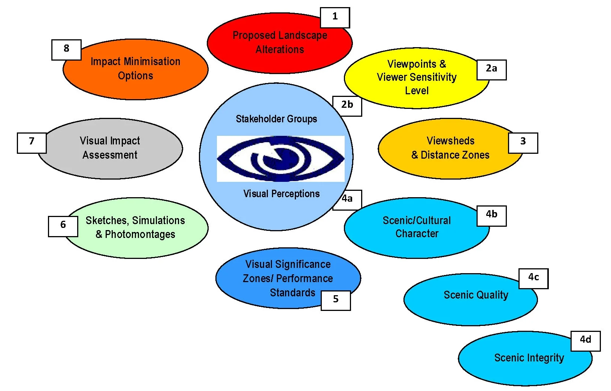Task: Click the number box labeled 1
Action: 335,17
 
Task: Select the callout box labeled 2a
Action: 491,69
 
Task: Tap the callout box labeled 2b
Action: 347,106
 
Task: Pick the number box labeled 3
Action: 523,142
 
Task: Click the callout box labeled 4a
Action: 348,199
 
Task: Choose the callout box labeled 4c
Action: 533,278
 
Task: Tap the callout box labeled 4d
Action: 585,340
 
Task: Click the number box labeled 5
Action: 336,300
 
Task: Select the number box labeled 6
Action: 63,226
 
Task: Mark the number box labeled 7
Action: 32,142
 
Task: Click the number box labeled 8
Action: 66,49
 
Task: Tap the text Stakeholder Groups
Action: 276,119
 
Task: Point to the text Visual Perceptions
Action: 281,194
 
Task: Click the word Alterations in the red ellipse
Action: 279,50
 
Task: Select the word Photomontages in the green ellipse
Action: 140,235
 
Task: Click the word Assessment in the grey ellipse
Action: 110,155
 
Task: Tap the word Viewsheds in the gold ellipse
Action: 450,141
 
